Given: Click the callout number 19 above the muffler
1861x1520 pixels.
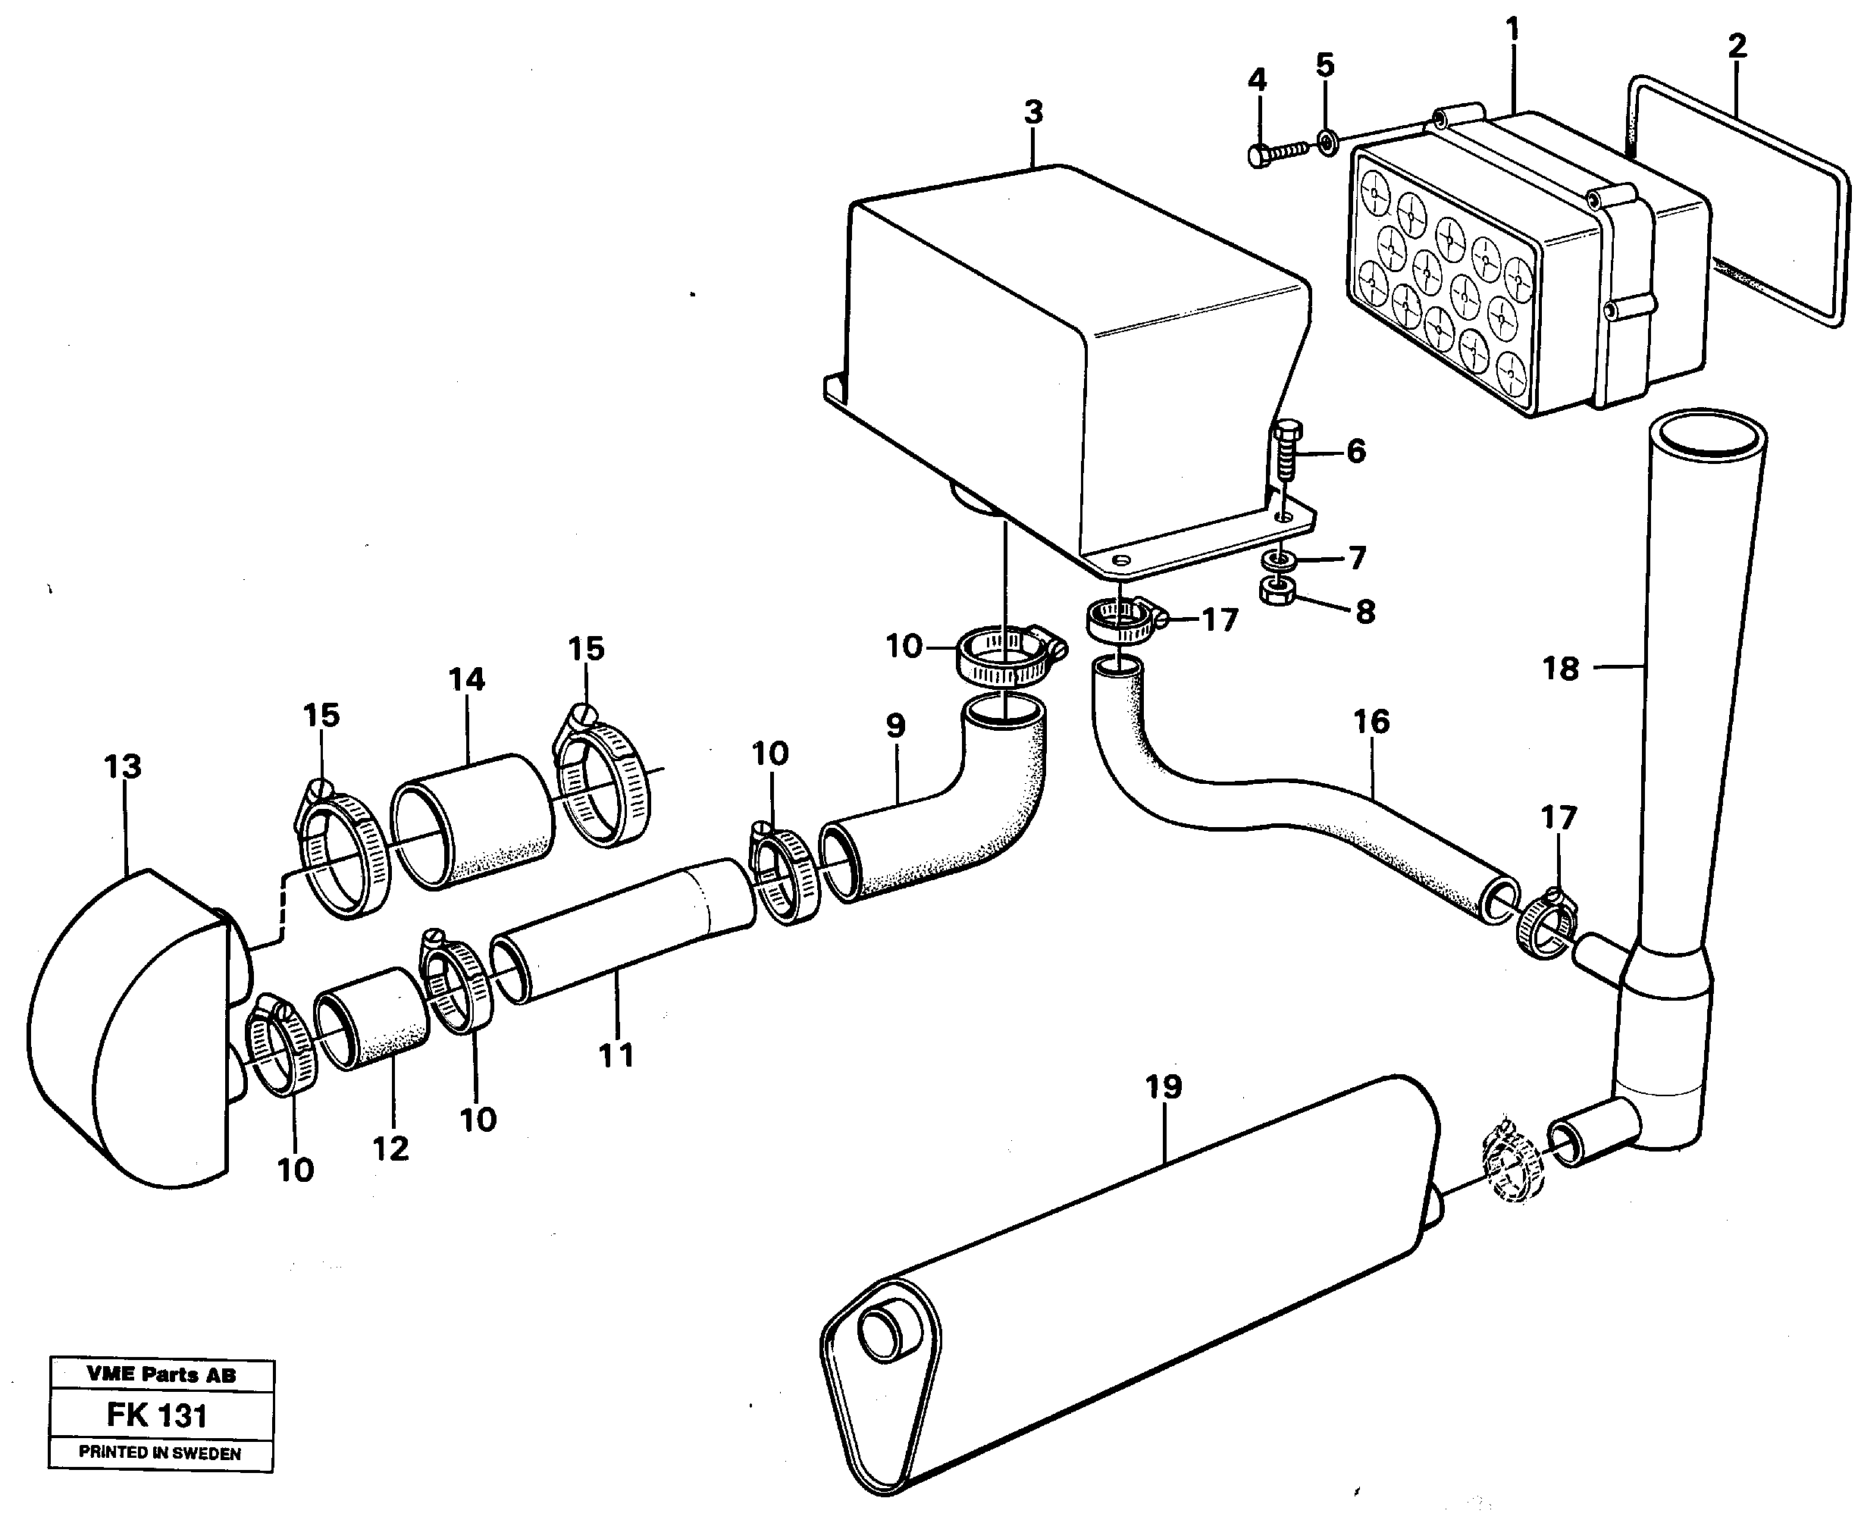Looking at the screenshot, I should [x=1163, y=1086].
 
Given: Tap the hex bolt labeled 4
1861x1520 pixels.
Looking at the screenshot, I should [x=1277, y=154].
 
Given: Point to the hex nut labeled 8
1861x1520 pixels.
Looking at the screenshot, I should [x=1278, y=592].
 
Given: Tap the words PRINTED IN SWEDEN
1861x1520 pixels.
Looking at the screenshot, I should [x=160, y=1453].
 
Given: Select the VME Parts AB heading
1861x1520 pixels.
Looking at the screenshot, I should [x=161, y=1374].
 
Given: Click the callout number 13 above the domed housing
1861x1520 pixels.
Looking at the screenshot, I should [x=122, y=767].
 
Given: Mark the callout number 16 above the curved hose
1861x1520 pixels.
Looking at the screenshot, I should [x=1371, y=722].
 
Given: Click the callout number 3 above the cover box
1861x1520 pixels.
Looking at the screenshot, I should [x=1033, y=112].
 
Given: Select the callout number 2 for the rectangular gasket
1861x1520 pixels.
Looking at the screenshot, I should [x=1737, y=45].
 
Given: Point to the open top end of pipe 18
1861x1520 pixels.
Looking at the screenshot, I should [x=1707, y=437].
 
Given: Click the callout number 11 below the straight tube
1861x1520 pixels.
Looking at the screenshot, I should [x=616, y=1055].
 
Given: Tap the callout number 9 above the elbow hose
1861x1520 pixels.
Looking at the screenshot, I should [x=894, y=725].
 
